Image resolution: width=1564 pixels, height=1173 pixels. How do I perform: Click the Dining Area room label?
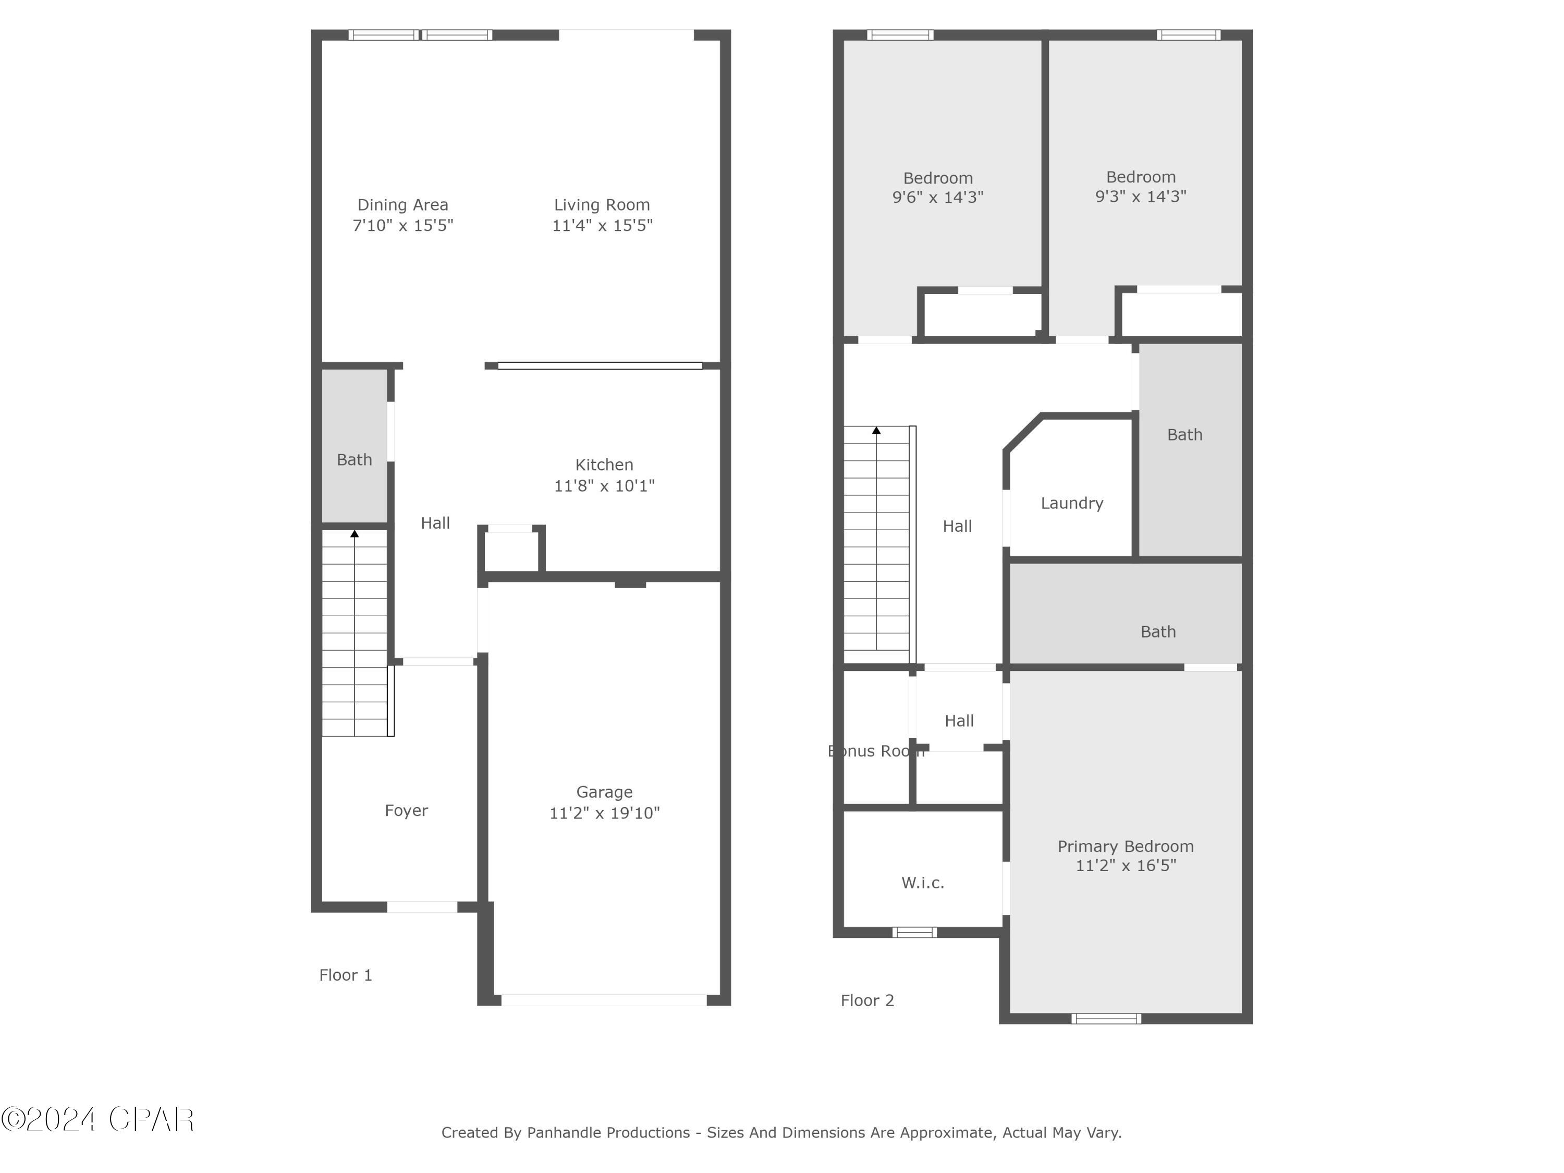tap(402, 205)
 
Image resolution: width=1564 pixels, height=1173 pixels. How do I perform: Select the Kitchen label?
tap(604, 465)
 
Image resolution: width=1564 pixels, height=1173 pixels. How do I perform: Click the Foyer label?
tap(406, 810)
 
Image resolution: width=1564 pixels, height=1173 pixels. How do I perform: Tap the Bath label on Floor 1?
tap(354, 460)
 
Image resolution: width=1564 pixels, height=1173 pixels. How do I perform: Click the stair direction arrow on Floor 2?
tap(876, 430)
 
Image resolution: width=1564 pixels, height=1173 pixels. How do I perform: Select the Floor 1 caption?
tap(345, 975)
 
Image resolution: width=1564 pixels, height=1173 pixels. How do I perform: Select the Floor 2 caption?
tap(867, 1000)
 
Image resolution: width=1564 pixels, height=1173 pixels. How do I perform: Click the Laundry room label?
tap(1071, 504)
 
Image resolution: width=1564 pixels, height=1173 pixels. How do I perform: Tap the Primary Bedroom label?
tap(1125, 846)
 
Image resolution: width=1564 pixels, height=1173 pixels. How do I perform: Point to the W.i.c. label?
tap(922, 883)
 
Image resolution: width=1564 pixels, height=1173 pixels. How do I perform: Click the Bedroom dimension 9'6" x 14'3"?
tap(937, 197)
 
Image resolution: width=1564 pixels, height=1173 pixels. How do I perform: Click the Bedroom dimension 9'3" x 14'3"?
tap(1141, 197)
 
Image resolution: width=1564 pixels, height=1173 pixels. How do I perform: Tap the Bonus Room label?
tap(875, 751)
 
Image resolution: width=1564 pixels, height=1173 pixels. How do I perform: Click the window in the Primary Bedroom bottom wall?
tap(1106, 1019)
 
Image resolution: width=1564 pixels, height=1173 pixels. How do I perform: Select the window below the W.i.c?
tap(914, 933)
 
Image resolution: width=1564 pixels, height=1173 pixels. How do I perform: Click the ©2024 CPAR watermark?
tap(97, 1119)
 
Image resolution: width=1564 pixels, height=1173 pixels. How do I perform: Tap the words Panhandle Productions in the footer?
tap(608, 1133)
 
